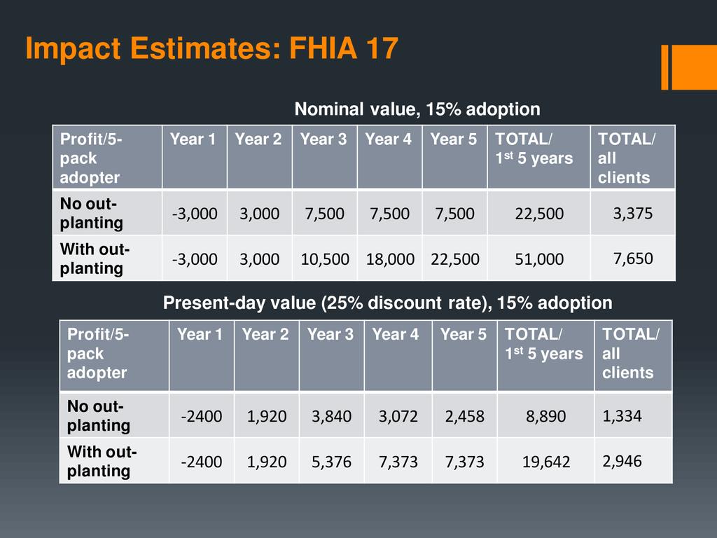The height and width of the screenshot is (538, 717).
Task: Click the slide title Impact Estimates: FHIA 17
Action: tap(211, 50)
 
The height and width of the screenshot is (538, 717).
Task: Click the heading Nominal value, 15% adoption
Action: tap(417, 109)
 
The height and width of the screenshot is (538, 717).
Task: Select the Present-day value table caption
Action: tap(387, 303)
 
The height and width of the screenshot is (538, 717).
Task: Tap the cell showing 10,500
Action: tap(325, 259)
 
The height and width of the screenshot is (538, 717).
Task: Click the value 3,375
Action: tap(633, 213)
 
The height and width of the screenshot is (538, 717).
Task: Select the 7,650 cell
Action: tap(633, 258)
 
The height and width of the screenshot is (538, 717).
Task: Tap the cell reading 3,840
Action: tap(332, 416)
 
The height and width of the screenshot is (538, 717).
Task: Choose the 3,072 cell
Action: tap(398, 416)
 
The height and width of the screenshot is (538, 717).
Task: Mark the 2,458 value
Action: tap(464, 416)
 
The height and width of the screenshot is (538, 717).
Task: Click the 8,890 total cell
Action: tap(546, 416)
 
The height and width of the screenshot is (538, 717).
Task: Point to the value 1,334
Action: tap(622, 416)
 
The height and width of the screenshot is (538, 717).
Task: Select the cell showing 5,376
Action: tap(332, 462)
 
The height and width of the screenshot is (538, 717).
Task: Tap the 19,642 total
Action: tap(546, 462)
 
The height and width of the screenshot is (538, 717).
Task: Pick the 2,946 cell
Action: tap(622, 461)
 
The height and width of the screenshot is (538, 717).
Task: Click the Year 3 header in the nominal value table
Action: tap(323, 139)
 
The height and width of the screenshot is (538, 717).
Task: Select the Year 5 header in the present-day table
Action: tap(463, 335)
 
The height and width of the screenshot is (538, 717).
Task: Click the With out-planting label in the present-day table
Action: tap(102, 461)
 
